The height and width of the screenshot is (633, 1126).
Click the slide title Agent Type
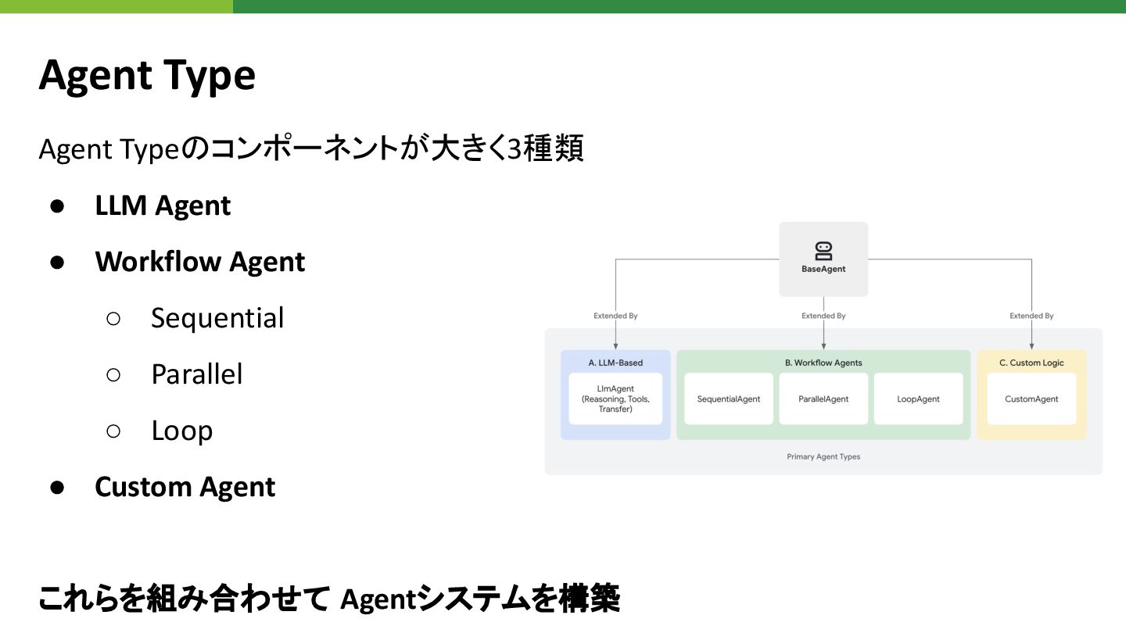click(x=147, y=76)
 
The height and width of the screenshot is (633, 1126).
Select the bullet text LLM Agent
click(x=163, y=206)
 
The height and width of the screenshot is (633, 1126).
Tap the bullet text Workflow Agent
click(x=200, y=262)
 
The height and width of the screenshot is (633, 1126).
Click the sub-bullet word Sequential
click(x=217, y=318)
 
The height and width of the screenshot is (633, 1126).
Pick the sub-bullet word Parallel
click(x=197, y=374)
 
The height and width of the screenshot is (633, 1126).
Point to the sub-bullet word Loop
click(x=182, y=431)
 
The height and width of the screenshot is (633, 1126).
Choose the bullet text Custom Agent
click(x=185, y=487)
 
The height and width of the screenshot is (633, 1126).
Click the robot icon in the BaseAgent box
click(x=823, y=251)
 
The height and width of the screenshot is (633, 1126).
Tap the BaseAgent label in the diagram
click(x=823, y=270)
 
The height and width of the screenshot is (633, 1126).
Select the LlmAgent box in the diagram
click(x=615, y=399)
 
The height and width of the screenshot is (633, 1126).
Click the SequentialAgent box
click(x=729, y=399)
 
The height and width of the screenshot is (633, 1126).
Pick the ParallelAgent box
click(x=823, y=399)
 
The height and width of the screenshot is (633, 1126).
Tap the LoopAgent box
click(x=918, y=399)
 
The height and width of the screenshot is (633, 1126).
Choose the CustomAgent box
click(x=1031, y=399)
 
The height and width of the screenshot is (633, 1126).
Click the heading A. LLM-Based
click(x=615, y=363)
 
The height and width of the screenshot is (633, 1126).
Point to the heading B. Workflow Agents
click(x=823, y=363)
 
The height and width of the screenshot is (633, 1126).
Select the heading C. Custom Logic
click(x=1031, y=363)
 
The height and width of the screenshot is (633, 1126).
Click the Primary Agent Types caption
click(x=823, y=456)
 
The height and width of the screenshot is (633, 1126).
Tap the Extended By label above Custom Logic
click(x=1031, y=316)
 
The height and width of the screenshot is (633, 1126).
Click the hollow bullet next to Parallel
click(x=113, y=374)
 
